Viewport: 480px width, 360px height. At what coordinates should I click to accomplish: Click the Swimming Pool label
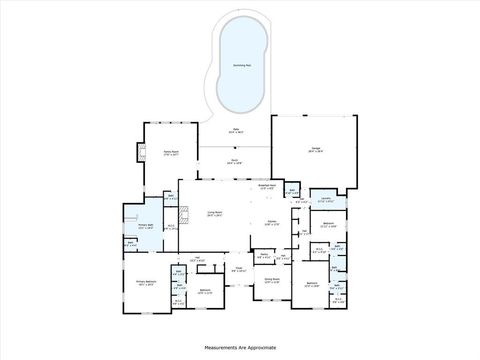(x=240, y=65)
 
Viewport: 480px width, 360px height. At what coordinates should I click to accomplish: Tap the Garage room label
(x=315, y=149)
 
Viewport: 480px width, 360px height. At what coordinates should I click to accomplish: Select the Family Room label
(x=170, y=153)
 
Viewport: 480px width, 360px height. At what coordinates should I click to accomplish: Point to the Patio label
(x=237, y=130)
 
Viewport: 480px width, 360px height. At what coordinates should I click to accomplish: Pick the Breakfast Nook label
(x=267, y=185)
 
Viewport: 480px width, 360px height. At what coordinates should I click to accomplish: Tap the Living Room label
(x=214, y=213)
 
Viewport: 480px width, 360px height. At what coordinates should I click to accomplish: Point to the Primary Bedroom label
(x=146, y=283)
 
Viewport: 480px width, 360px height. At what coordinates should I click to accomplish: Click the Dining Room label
(x=272, y=281)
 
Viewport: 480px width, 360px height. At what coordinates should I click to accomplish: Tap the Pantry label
(x=263, y=256)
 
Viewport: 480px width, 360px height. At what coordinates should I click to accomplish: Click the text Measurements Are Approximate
(x=240, y=347)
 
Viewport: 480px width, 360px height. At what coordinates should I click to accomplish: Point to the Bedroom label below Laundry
(x=328, y=223)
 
